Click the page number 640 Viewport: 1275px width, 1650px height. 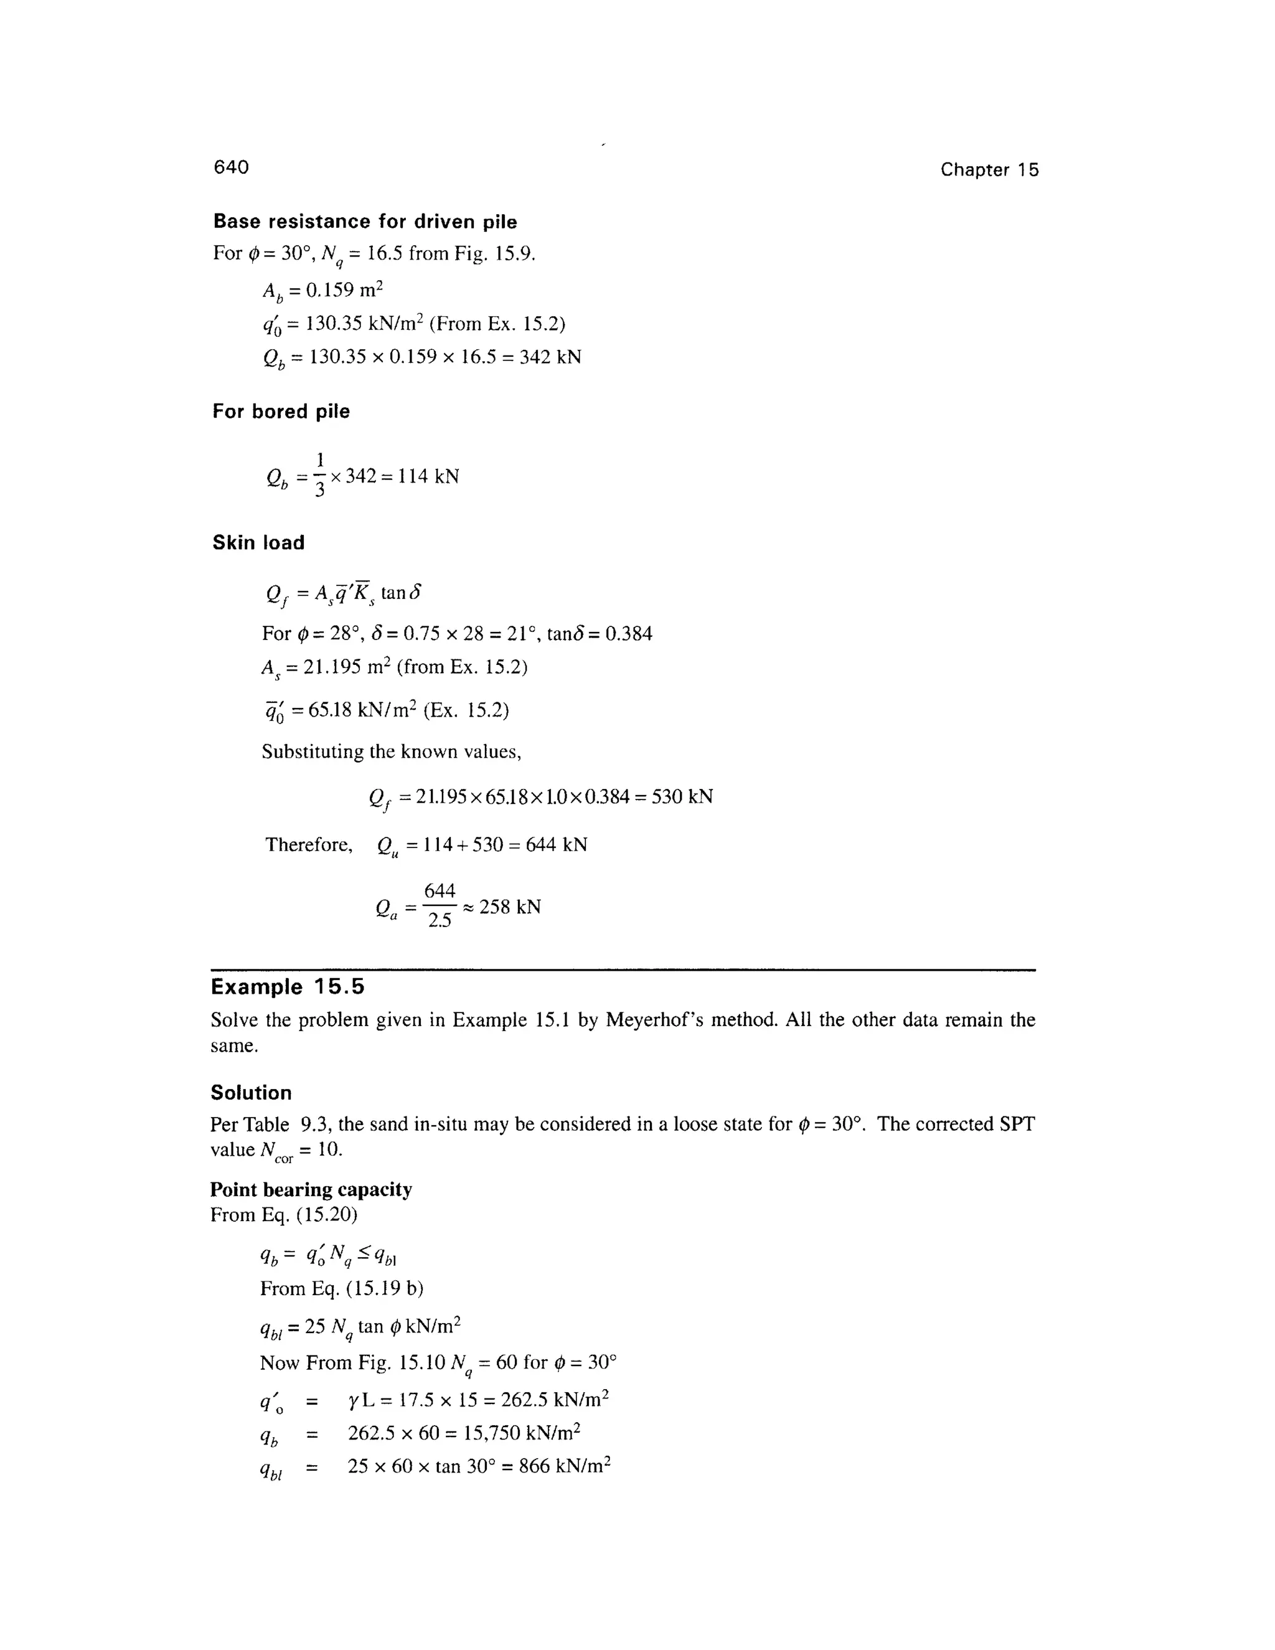point(231,167)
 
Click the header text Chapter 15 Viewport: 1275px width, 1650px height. point(989,170)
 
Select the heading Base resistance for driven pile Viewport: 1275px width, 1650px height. point(365,222)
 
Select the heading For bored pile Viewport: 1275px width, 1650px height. point(281,411)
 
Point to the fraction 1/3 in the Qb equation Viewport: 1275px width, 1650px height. point(319,475)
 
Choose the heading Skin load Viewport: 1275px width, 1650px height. point(258,542)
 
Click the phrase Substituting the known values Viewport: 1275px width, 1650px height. point(391,752)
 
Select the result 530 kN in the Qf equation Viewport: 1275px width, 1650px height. point(682,796)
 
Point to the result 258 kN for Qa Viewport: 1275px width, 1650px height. point(510,907)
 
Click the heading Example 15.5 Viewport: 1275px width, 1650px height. point(287,987)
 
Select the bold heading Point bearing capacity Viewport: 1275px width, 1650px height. point(311,1189)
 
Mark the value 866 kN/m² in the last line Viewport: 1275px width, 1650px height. point(564,1466)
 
